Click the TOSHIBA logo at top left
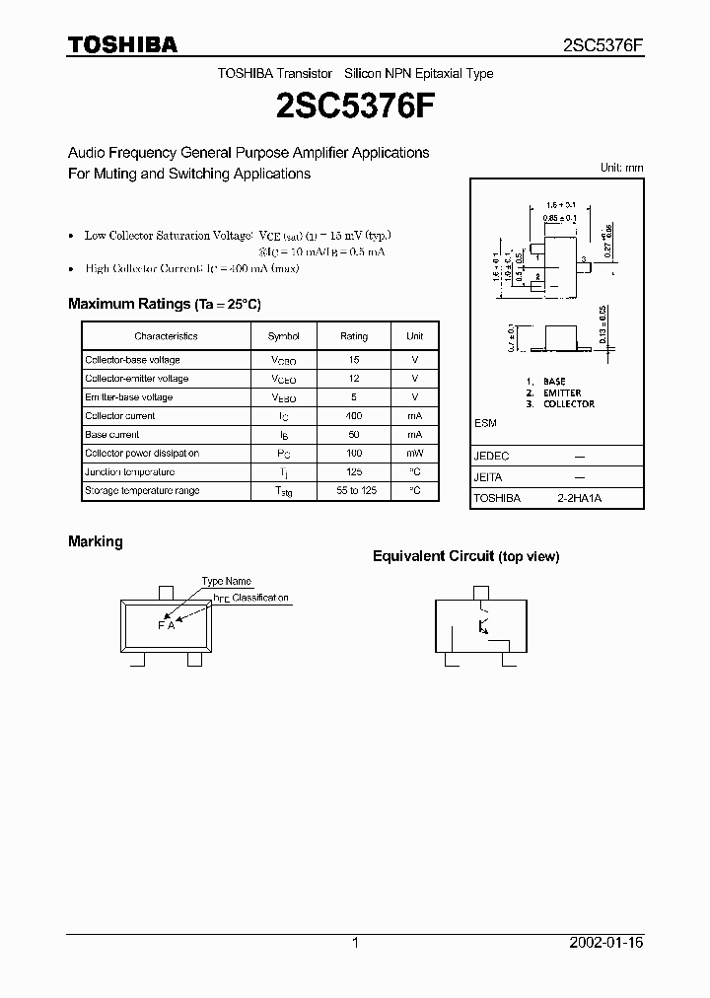coord(122,44)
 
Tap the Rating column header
coord(354,336)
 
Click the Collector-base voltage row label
coord(132,360)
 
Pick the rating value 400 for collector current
coord(354,416)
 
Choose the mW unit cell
coord(414,454)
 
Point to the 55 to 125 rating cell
coord(354,491)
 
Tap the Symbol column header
coord(284,336)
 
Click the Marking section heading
coord(96,541)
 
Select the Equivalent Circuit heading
coord(465,556)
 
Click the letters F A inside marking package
coord(166,625)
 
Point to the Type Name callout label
coord(227,582)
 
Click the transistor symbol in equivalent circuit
coord(482,625)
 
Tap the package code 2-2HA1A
coord(579,499)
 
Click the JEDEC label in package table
coord(492,457)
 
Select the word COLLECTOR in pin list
coord(568,404)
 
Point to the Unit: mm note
coord(622,168)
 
